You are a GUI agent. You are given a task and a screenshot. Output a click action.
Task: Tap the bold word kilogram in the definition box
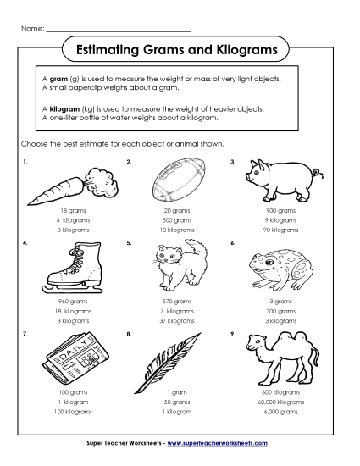[x=64, y=109]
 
